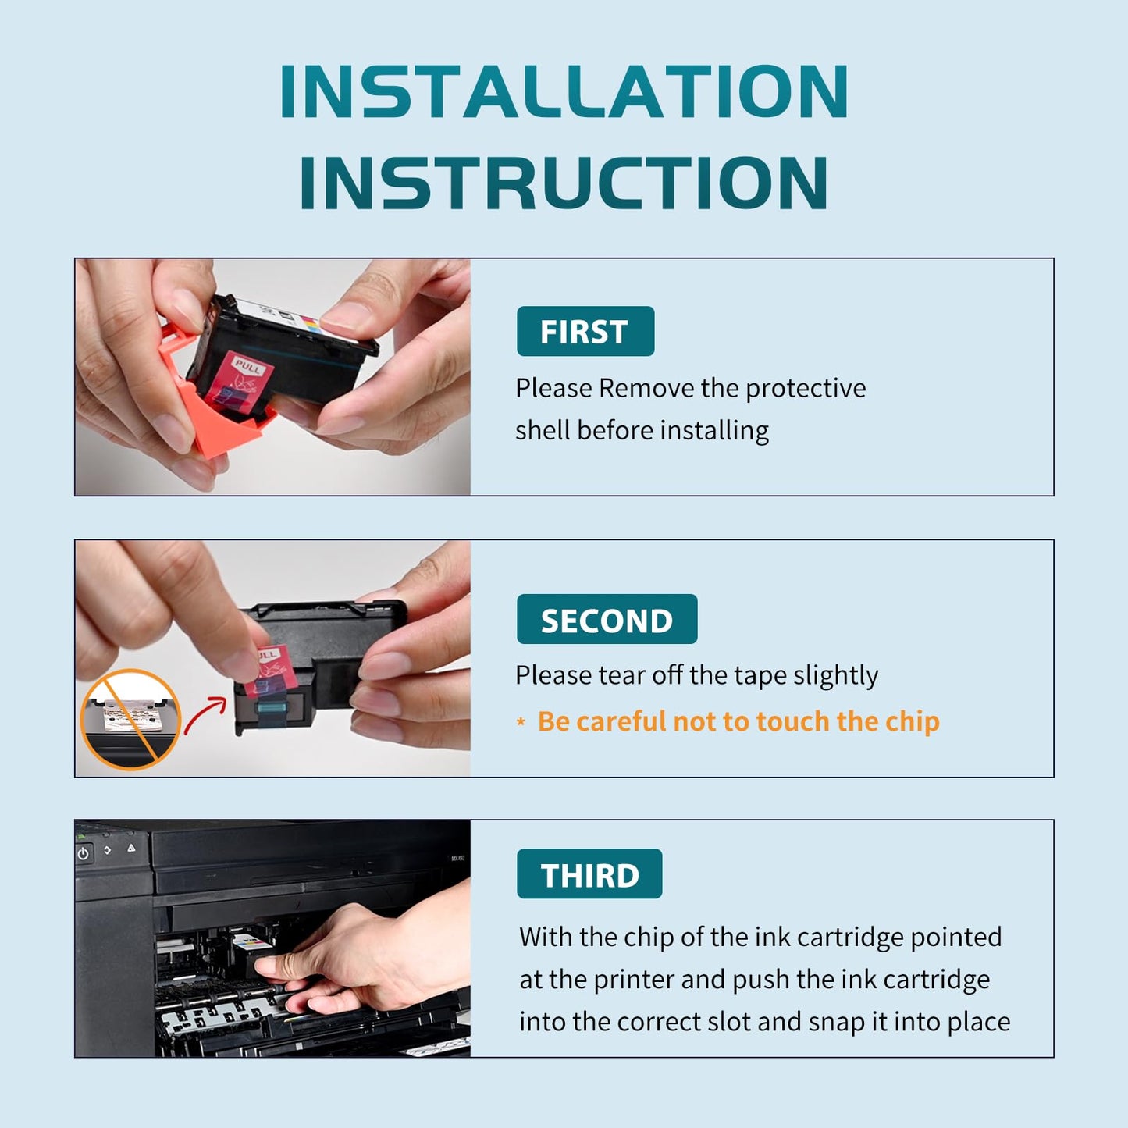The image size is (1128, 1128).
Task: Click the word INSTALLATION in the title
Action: coord(564,92)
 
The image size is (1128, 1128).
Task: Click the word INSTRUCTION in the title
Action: coord(564,183)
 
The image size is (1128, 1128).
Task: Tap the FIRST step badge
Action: coord(585,331)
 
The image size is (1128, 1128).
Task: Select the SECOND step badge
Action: coord(607,619)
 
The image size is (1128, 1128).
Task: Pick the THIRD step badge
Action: coord(589,874)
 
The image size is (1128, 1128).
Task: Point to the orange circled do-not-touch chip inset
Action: coord(130,720)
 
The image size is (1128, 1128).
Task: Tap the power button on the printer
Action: coord(84,853)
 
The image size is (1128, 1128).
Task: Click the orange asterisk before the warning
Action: coord(521,722)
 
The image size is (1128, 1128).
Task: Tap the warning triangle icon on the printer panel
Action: coord(131,848)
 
